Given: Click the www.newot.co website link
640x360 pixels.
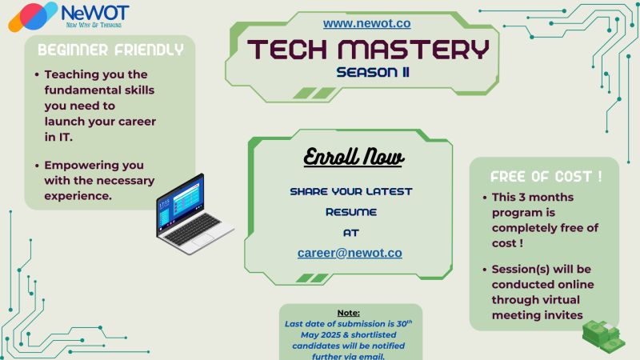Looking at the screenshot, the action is (366, 24).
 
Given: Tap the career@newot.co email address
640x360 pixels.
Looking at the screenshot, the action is (350, 253).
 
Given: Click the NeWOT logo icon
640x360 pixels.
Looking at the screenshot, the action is (33, 17).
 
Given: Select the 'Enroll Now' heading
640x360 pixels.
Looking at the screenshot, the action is (354, 157).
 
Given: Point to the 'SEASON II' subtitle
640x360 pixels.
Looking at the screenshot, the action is (373, 72).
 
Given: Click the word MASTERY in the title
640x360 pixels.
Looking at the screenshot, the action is (414, 49).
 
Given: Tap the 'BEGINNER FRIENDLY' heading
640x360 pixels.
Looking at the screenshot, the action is (110, 50).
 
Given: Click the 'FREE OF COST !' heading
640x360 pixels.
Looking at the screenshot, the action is (546, 177).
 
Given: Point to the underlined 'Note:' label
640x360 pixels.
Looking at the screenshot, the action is (349, 313).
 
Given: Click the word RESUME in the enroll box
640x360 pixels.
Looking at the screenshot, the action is (351, 212).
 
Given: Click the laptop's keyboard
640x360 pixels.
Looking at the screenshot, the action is (193, 230).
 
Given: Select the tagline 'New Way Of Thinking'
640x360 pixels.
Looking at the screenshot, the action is (94, 25).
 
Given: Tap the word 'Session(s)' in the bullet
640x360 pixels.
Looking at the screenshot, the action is (517, 270).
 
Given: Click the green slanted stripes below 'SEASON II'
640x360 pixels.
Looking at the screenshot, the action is (314, 93).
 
